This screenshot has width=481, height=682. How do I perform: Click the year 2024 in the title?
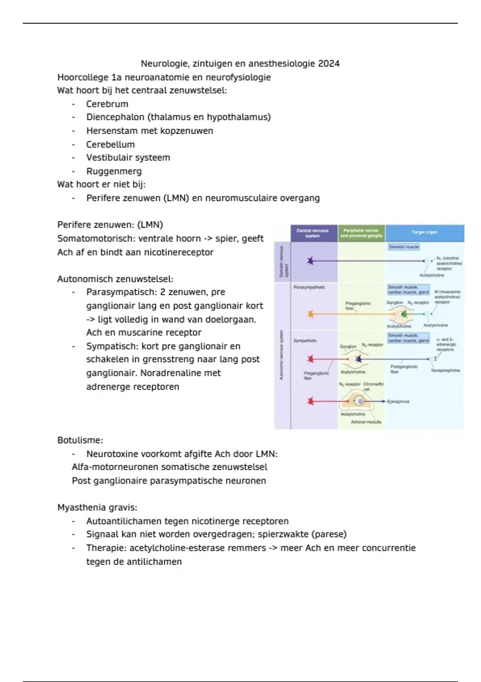click(x=329, y=63)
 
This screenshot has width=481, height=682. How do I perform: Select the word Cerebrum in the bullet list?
click(x=107, y=104)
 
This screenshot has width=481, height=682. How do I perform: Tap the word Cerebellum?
click(x=110, y=144)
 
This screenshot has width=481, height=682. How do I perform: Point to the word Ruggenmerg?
click(x=114, y=171)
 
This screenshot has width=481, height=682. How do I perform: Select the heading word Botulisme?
click(x=80, y=440)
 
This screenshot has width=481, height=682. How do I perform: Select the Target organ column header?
click(x=424, y=232)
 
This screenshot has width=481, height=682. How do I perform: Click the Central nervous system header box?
click(x=313, y=233)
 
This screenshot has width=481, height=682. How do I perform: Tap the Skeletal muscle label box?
click(x=404, y=247)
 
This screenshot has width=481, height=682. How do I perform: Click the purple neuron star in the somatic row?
click(x=310, y=261)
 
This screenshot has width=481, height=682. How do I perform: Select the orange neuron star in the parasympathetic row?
click(x=310, y=314)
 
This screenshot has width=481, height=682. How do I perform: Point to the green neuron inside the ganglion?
click(x=404, y=314)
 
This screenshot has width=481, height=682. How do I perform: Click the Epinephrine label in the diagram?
click(x=398, y=402)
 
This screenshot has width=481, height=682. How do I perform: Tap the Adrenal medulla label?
click(x=366, y=422)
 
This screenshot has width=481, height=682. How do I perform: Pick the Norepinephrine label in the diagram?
click(x=445, y=371)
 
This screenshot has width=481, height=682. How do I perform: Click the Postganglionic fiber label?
click(x=404, y=369)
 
